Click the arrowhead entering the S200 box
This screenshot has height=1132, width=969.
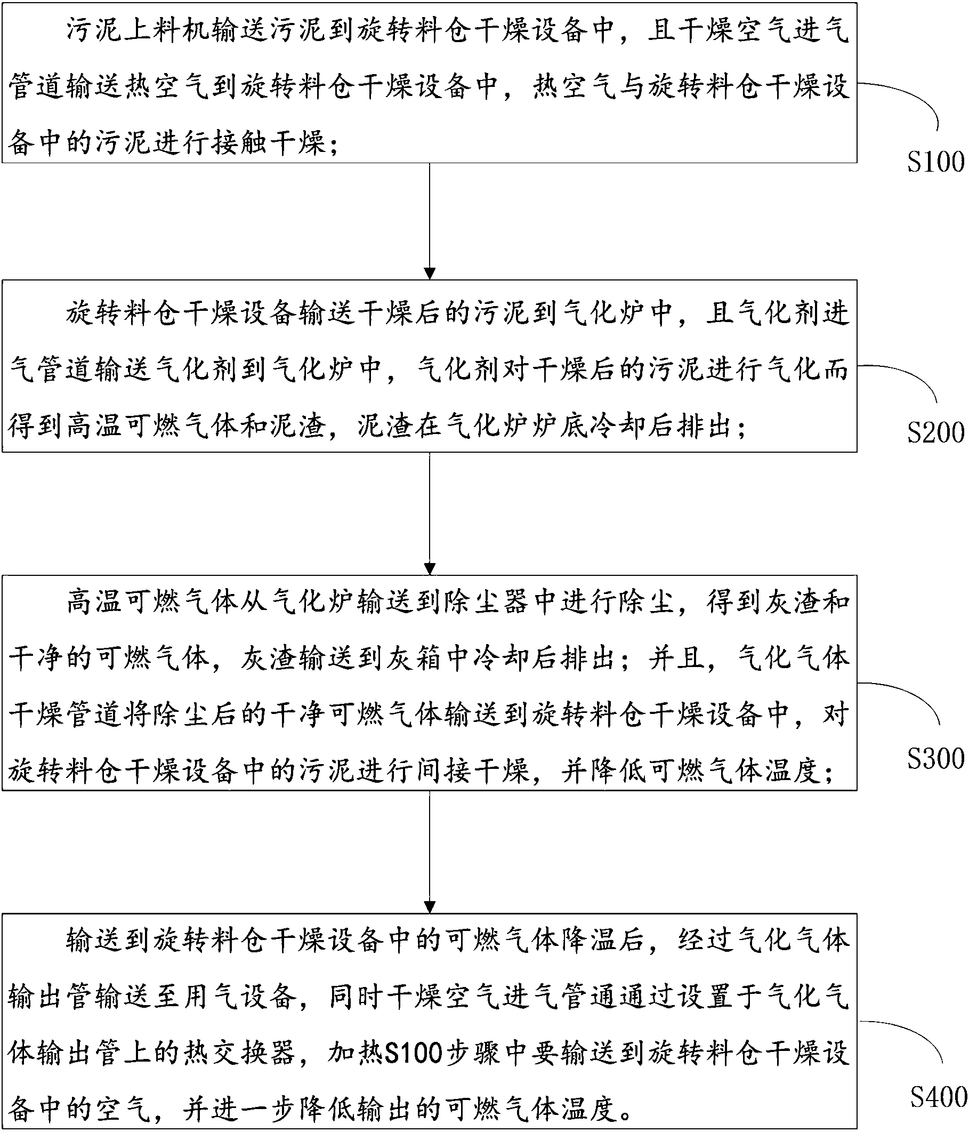[430, 274]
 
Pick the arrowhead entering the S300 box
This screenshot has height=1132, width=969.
[430, 569]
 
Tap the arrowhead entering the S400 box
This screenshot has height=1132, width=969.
[430, 907]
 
